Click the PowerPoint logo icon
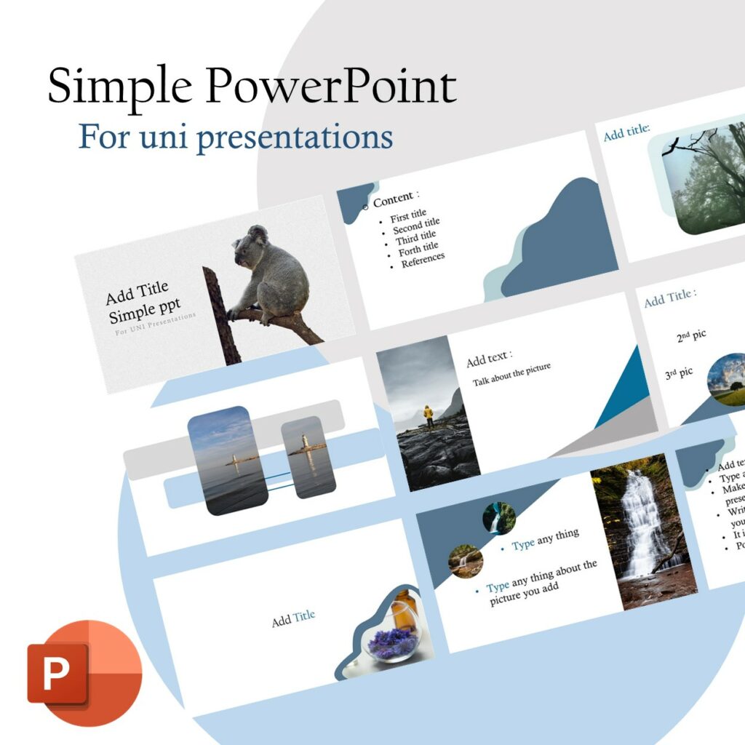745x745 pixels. (84, 672)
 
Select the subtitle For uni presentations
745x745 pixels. (236, 137)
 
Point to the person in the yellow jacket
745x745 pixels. (429, 415)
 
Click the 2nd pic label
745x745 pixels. (691, 336)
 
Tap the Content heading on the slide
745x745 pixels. (396, 198)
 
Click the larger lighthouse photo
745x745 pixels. (227, 460)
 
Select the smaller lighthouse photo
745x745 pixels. (308, 456)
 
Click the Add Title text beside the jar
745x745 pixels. (293, 619)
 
